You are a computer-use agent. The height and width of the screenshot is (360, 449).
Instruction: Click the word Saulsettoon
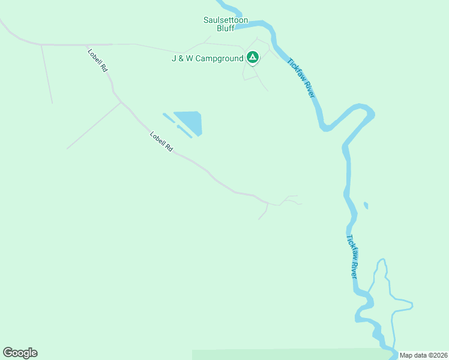click(x=226, y=20)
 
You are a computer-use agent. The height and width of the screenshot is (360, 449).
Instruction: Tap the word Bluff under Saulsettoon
click(x=226, y=28)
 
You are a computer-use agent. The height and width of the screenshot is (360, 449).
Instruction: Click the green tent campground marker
click(x=253, y=58)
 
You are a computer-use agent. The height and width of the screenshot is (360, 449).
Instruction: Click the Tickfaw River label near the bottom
click(x=352, y=256)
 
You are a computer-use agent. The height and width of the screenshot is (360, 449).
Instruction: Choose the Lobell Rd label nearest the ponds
click(x=161, y=142)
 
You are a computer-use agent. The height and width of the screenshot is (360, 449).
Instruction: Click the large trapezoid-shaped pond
click(x=190, y=122)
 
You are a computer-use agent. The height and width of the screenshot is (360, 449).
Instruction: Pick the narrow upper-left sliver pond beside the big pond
click(x=169, y=118)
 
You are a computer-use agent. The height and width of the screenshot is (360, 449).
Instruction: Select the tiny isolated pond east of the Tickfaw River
click(x=366, y=206)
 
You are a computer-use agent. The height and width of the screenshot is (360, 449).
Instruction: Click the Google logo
click(x=20, y=353)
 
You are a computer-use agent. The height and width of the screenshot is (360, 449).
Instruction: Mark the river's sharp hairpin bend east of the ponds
click(x=367, y=111)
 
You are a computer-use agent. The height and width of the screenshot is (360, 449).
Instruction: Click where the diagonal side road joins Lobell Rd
click(x=121, y=102)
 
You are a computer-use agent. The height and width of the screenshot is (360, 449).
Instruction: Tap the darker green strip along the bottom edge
click(x=288, y=355)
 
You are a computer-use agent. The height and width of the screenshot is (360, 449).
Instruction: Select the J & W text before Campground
click(x=182, y=58)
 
